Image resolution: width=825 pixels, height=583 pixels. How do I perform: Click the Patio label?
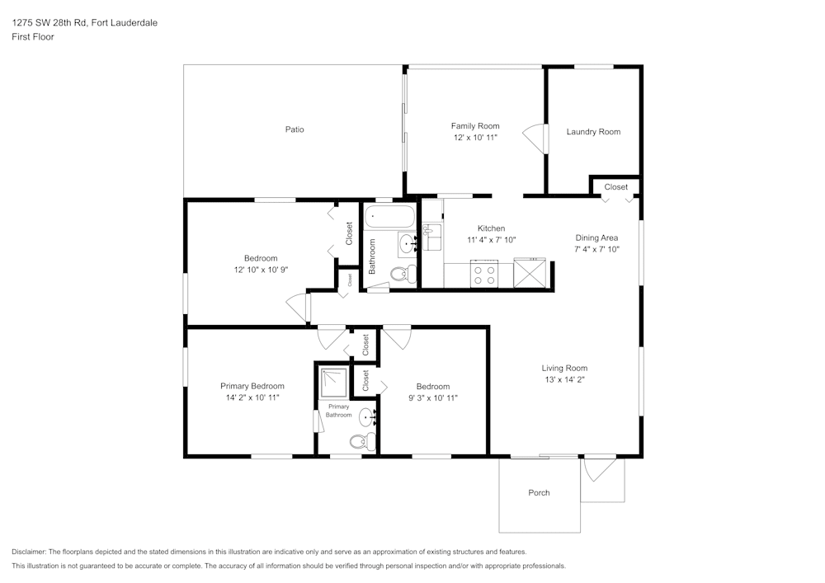[x=295, y=129]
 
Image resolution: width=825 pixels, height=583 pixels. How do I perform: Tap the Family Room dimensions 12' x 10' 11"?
[x=475, y=138]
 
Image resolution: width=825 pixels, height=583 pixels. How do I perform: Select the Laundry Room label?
[x=593, y=132]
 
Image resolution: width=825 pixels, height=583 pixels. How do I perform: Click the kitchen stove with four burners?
[x=483, y=274]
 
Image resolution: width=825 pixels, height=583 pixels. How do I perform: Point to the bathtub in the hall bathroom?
[x=390, y=219]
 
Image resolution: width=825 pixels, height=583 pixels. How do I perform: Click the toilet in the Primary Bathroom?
[x=359, y=442]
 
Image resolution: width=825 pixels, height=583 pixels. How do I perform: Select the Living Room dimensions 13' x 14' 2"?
[x=564, y=379]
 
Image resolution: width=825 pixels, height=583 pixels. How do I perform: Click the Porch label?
[x=539, y=493]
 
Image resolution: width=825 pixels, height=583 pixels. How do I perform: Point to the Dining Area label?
[x=596, y=237]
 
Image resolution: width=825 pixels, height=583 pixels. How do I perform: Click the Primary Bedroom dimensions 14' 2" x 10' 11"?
[x=252, y=397]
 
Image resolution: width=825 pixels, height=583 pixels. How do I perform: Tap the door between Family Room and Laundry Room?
[x=536, y=138]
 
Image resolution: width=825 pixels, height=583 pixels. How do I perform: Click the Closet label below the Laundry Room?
[x=615, y=187]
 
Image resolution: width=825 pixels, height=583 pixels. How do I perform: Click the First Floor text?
[x=33, y=37]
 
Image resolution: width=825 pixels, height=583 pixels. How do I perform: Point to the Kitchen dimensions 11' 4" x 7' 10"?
[x=491, y=240]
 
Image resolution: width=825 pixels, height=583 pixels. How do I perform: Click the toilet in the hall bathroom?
[x=401, y=274]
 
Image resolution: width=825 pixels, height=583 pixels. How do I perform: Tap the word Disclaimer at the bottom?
[x=29, y=552]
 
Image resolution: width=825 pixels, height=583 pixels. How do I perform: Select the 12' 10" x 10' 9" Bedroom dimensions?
[x=260, y=269]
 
